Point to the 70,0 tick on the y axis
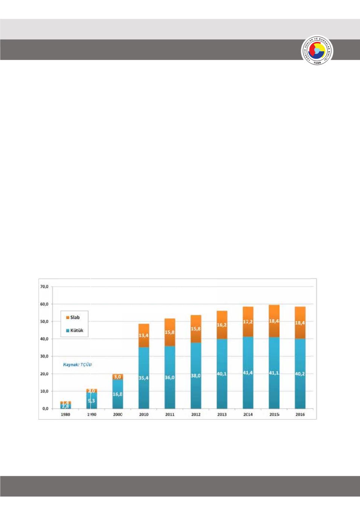pyautogui.click(x=45, y=286)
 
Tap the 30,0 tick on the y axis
pyautogui.click(x=45, y=356)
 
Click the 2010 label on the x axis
pyautogui.click(x=144, y=414)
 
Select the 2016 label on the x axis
pyautogui.click(x=300, y=414)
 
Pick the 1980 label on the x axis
pyautogui.click(x=66, y=414)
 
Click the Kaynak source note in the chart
pyautogui.click(x=77, y=364)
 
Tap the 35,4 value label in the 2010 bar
pyautogui.click(x=144, y=377)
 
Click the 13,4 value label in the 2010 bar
pyautogui.click(x=144, y=335)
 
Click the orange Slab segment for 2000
pyautogui.click(x=118, y=376)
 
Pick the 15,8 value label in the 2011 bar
pyautogui.click(x=170, y=332)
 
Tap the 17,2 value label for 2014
pyautogui.click(x=248, y=321)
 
